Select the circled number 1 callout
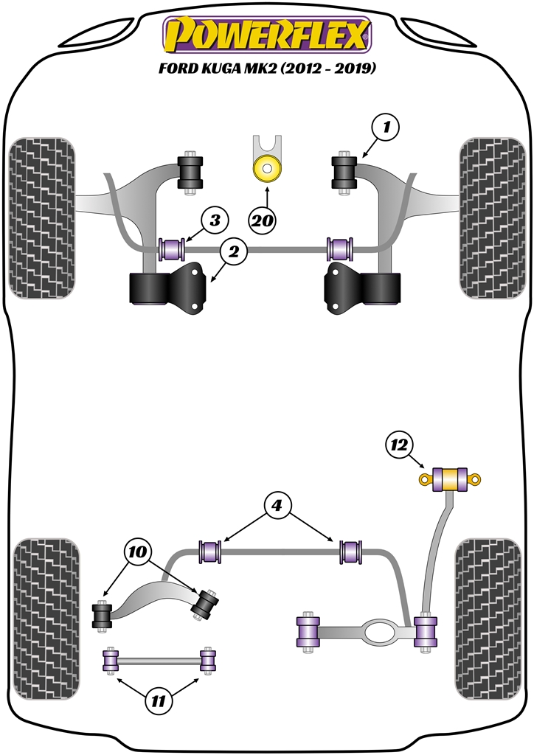click(386, 128)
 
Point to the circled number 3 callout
click(215, 220)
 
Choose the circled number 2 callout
click(233, 253)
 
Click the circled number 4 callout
click(277, 507)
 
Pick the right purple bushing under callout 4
click(351, 551)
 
